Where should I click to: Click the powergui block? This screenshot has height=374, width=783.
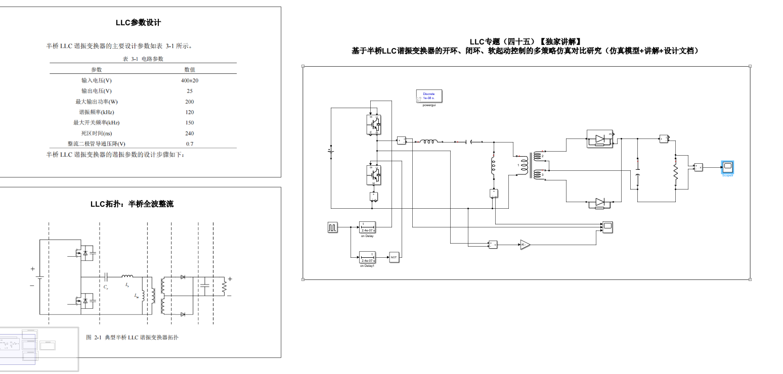[x=429, y=96]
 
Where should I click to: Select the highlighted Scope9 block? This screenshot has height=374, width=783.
[x=728, y=166]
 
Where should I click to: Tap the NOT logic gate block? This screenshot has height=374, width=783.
[x=394, y=257]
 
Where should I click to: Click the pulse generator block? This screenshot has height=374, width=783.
[x=332, y=227]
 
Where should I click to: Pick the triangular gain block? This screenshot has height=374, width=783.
[x=525, y=245]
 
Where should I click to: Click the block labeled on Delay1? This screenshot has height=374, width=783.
[x=367, y=257]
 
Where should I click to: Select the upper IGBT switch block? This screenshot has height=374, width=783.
[x=374, y=124]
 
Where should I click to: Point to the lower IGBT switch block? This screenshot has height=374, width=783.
[x=374, y=175]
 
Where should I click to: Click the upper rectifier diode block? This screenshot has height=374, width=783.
[x=600, y=138]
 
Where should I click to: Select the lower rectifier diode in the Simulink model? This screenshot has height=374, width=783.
[x=600, y=203]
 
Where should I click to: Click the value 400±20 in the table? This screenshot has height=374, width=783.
[x=189, y=80]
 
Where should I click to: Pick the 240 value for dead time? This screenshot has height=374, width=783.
[x=189, y=133]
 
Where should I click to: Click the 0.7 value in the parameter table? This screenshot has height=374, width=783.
[x=189, y=144]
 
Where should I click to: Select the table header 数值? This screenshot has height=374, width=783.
[x=189, y=70]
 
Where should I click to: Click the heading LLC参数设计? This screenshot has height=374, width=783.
[x=138, y=23]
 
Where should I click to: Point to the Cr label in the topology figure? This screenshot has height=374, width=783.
[x=106, y=287]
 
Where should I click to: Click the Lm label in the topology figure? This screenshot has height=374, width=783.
[x=137, y=297]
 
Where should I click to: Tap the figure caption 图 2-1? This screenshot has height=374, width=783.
[x=133, y=337]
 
